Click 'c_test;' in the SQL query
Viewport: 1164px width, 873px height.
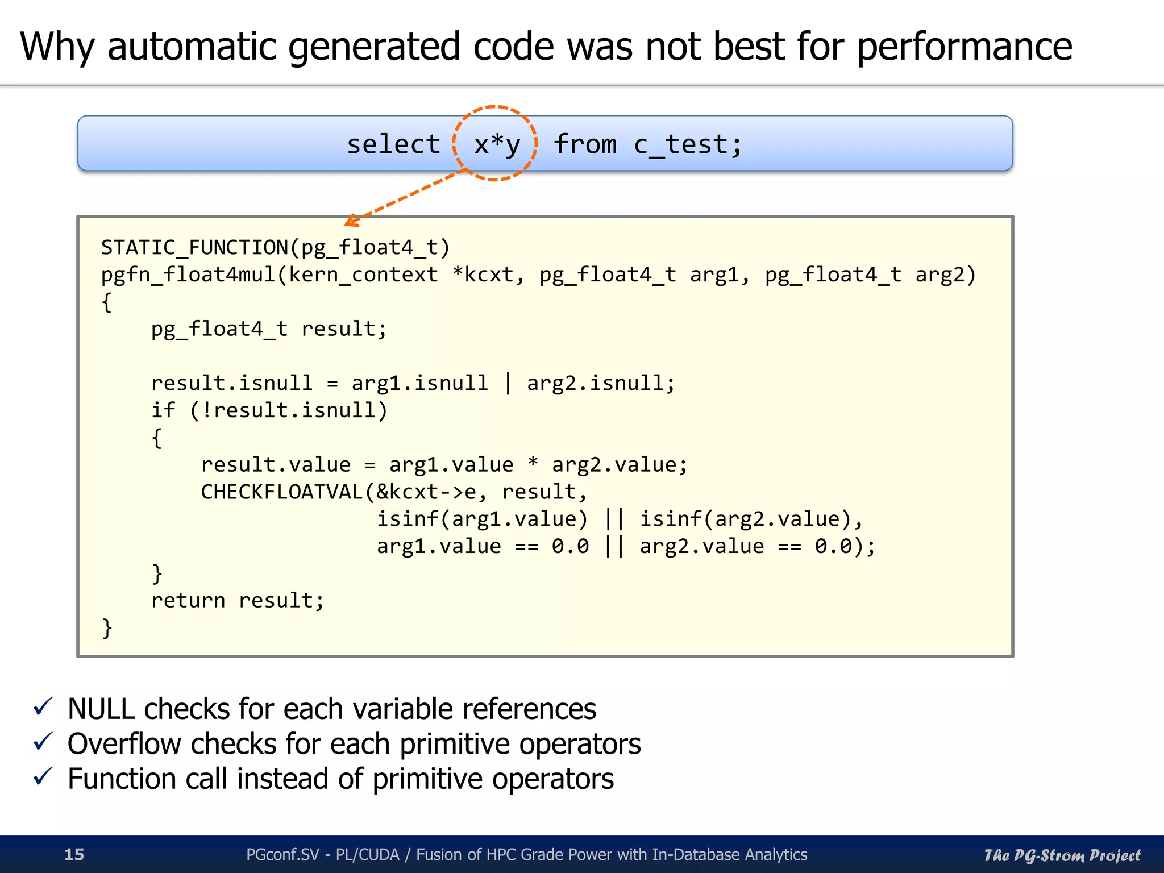tap(688, 144)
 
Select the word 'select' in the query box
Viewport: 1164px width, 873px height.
tap(393, 144)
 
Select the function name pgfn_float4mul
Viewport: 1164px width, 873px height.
tap(188, 275)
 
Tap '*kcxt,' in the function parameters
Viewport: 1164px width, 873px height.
tap(488, 275)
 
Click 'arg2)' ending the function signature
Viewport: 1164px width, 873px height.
tap(945, 275)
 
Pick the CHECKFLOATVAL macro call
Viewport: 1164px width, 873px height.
tap(282, 492)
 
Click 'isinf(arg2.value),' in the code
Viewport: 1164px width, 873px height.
tap(751, 519)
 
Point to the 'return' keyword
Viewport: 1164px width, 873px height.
tap(188, 600)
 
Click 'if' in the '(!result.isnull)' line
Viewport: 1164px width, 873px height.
tap(163, 410)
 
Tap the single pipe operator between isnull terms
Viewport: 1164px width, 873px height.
tap(508, 383)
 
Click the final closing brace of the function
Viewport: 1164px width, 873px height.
tap(107, 628)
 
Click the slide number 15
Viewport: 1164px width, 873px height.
tap(74, 854)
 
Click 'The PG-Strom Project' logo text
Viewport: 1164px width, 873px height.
tap(1062, 855)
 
